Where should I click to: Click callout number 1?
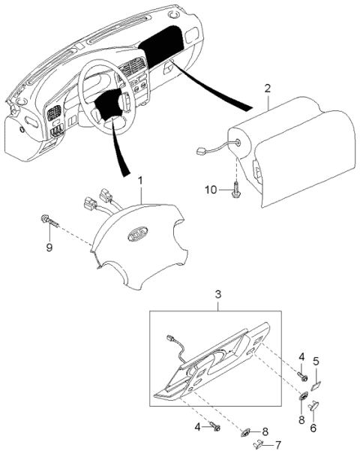tap(139, 180)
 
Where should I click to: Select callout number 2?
tap(268, 89)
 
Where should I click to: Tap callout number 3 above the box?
tap(218, 295)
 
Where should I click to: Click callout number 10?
tap(212, 191)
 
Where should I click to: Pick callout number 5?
tap(316, 362)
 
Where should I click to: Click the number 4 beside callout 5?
tap(302, 356)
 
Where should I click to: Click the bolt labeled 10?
tap(235, 190)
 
